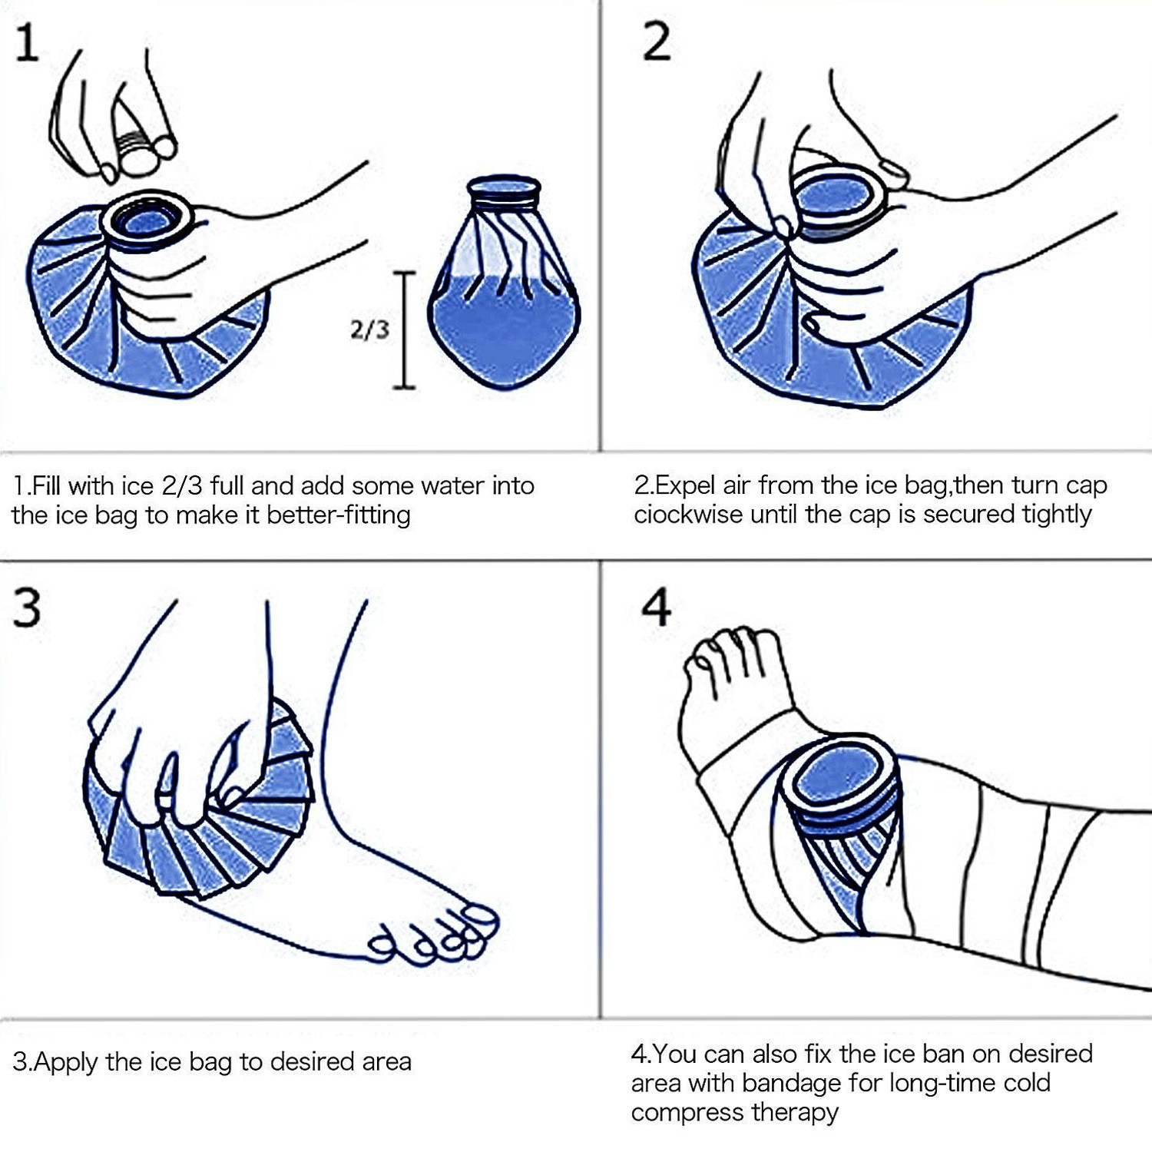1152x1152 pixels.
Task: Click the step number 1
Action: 27,43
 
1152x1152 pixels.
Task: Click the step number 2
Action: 657,43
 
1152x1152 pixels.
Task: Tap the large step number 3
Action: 28,608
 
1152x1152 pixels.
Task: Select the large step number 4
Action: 657,608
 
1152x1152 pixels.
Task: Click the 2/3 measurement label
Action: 369,330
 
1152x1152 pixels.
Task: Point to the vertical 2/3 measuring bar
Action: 405,330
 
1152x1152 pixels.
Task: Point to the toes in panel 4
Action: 726,653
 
